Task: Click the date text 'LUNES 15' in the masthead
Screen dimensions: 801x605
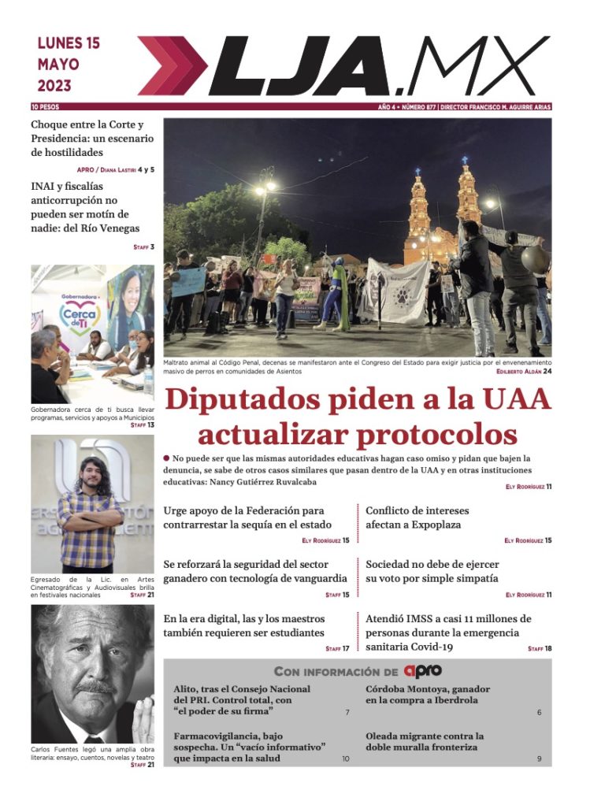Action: [69, 44]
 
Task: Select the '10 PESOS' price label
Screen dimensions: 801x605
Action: [45, 107]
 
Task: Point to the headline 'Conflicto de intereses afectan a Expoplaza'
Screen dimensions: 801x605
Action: [413, 517]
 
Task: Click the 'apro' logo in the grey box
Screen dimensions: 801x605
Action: [422, 671]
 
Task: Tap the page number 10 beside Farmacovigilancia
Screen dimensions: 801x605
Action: [345, 758]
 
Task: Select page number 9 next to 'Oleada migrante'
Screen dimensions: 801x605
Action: [539, 758]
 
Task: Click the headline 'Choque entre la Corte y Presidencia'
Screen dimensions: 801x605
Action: [91, 138]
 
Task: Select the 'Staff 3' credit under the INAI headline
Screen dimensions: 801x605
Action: [143, 247]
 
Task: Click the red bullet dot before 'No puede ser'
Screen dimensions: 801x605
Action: [167, 458]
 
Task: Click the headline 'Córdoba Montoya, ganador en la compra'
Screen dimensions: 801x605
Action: [421, 694]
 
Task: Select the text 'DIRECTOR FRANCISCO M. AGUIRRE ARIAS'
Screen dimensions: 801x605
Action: [496, 107]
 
